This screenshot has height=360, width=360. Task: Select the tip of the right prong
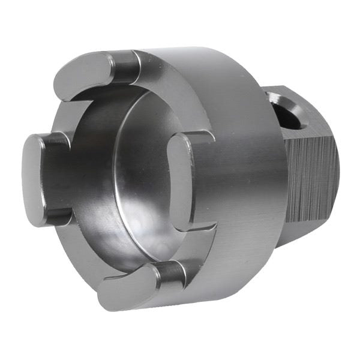[x=179, y=180]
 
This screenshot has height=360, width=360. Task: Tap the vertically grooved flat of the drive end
[x=309, y=180]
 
